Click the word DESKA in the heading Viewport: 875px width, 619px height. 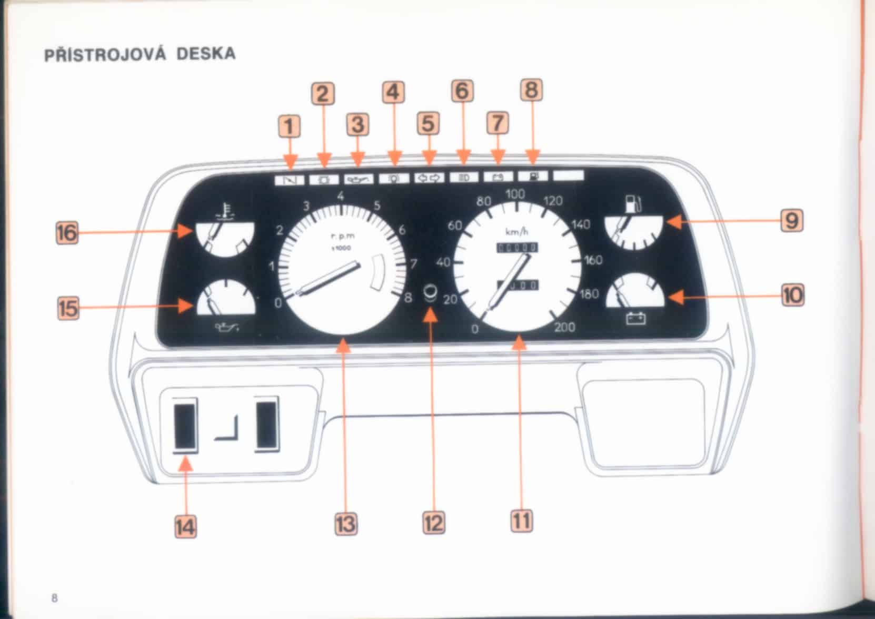click(x=206, y=54)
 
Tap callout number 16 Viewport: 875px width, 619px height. click(x=67, y=232)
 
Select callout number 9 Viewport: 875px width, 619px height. click(x=792, y=220)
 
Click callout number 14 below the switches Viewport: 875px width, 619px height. click(x=186, y=526)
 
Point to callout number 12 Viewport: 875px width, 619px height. click(x=433, y=523)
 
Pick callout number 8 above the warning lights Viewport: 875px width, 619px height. click(x=531, y=90)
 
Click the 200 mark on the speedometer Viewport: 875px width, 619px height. click(x=564, y=327)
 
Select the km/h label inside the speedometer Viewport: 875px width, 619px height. click(x=516, y=231)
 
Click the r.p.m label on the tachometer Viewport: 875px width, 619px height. click(x=343, y=237)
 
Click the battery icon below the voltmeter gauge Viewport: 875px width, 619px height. click(x=635, y=319)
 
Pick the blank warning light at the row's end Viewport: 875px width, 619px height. click(x=568, y=175)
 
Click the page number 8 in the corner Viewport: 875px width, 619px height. click(x=55, y=598)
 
